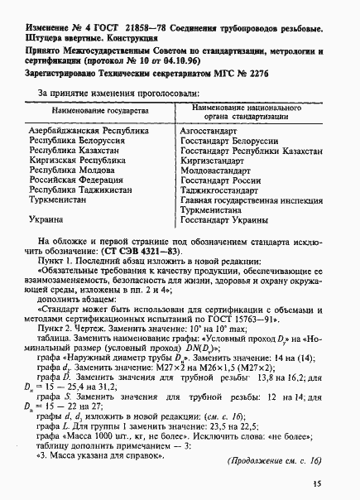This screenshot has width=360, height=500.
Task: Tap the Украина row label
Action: coord(46,219)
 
